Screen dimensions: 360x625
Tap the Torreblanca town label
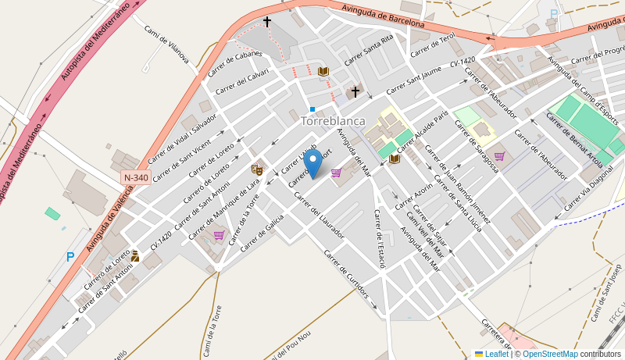pyautogui.click(x=333, y=121)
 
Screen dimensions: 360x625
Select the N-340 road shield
pyautogui.click(x=136, y=178)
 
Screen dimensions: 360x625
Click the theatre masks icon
pyautogui.click(x=257, y=169)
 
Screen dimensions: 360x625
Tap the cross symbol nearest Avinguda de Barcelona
pyautogui.click(x=267, y=23)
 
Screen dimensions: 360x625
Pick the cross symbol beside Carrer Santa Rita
pyautogui.click(x=355, y=92)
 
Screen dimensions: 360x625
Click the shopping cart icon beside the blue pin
pyautogui.click(x=336, y=173)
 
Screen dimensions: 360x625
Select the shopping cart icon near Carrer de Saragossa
pyautogui.click(x=499, y=156)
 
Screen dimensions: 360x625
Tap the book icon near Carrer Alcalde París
pyautogui.click(x=395, y=159)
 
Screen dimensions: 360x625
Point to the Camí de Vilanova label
pyautogui.click(x=166, y=44)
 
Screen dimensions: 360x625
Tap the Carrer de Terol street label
pyautogui.click(x=433, y=45)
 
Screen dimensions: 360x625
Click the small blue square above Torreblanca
pyautogui.click(x=312, y=109)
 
